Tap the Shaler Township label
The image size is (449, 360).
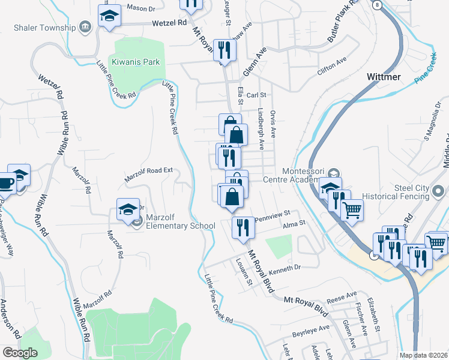[40, 27]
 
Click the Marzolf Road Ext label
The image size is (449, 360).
[148, 175]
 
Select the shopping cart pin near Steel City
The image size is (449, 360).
[352, 210]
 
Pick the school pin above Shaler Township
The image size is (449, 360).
[109, 16]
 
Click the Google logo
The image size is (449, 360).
[20, 352]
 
